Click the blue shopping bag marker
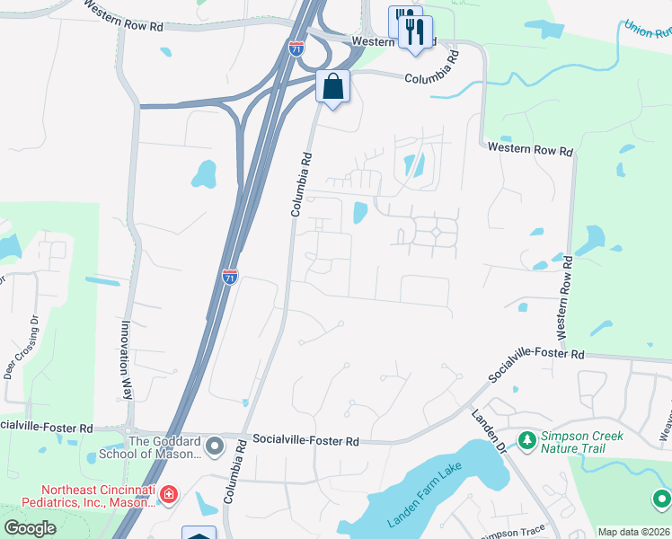(x=332, y=87)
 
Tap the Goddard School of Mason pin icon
(x=215, y=446)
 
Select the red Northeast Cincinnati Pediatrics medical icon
(x=168, y=494)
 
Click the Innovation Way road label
(x=127, y=360)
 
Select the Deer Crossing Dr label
(x=17, y=345)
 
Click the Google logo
(x=30, y=528)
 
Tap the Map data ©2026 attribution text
(x=633, y=532)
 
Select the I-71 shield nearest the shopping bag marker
(x=296, y=49)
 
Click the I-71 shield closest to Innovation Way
(x=230, y=277)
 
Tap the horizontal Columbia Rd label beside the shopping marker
(x=432, y=79)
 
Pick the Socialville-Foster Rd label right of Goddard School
(x=305, y=441)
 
